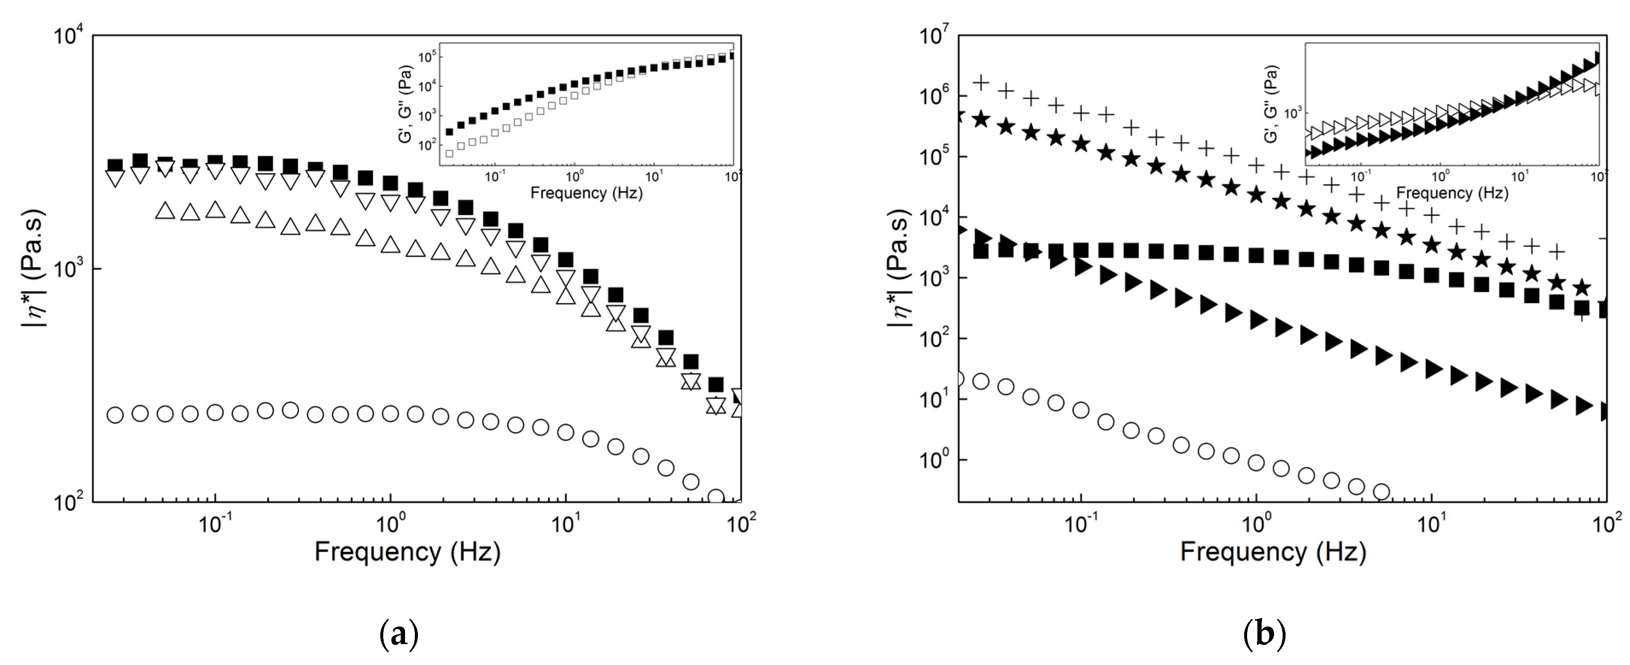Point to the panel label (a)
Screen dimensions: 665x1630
399,633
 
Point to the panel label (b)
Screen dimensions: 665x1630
1264,633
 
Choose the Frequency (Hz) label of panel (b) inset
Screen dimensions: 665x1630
1452,192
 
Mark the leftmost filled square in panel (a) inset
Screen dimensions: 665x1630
450,132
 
